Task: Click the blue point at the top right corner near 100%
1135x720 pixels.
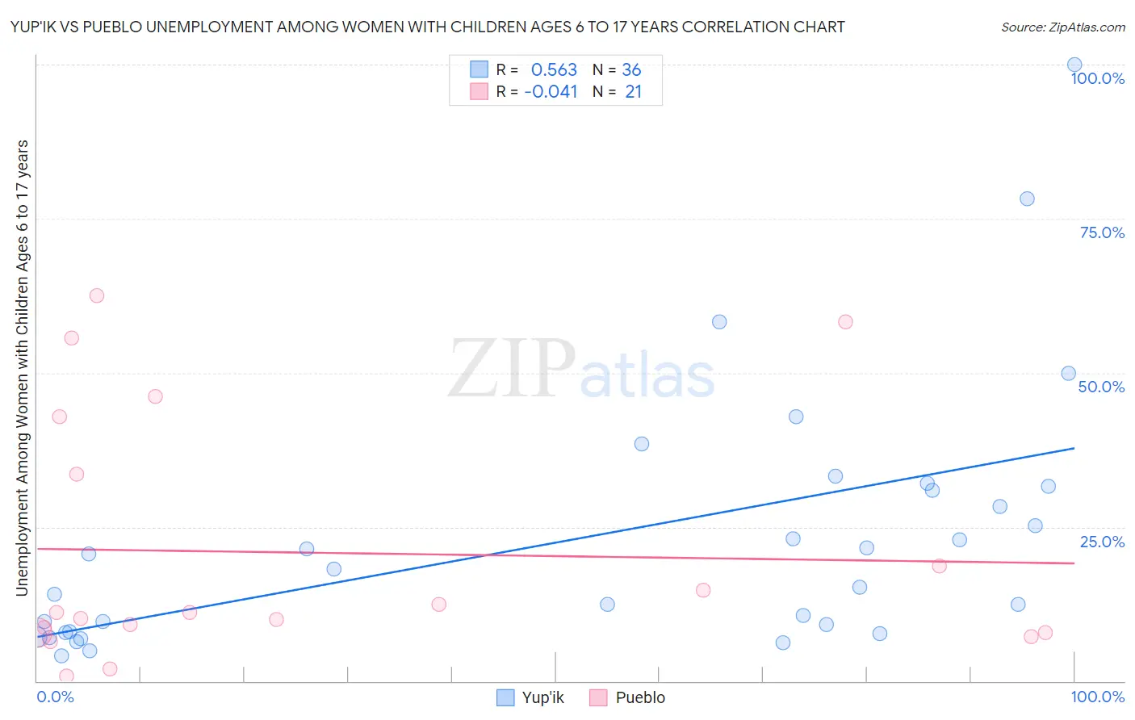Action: [1074, 65]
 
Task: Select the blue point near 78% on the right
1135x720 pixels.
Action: [1027, 199]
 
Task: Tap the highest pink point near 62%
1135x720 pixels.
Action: [97, 295]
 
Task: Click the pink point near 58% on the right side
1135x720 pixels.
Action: [845, 322]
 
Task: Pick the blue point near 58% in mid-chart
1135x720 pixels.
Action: [719, 322]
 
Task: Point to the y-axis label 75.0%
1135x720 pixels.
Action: [1102, 232]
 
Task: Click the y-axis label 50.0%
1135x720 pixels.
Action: [1101, 387]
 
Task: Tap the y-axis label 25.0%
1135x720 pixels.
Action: [1102, 542]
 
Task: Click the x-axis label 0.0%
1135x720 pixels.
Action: [55, 697]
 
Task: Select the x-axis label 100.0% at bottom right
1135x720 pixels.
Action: [1097, 697]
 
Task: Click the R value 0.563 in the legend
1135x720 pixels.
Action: [554, 70]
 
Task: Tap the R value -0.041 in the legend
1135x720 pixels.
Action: [551, 92]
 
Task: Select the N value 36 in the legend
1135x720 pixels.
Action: [631, 70]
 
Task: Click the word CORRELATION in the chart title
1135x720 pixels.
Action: [733, 27]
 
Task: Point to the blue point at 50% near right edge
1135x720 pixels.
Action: [1068, 374]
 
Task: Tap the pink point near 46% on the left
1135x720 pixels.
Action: [155, 396]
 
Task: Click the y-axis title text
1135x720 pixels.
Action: [22, 367]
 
